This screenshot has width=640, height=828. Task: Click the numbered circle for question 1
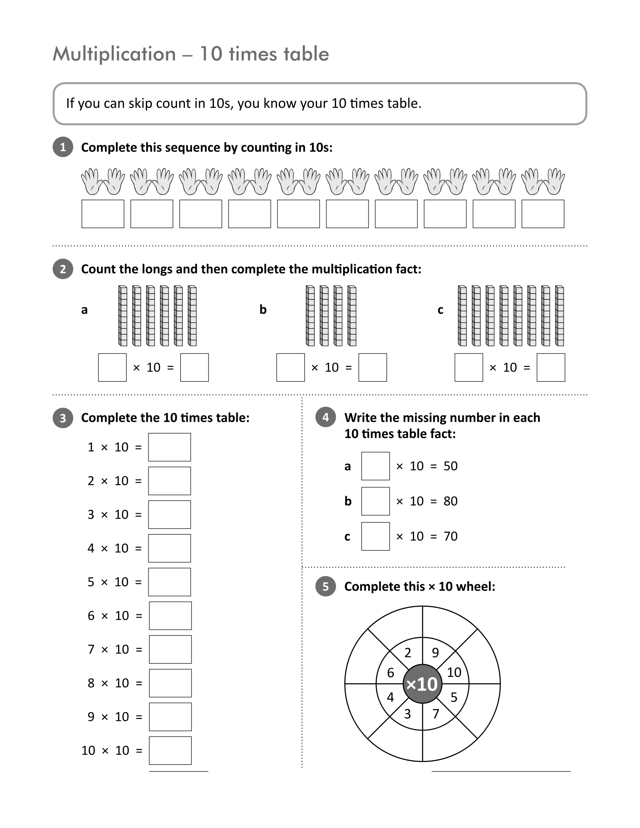(63, 147)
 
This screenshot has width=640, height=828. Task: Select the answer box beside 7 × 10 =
(170, 649)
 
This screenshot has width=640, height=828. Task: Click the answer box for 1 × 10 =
(169, 447)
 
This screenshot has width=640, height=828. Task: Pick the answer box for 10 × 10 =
(170, 751)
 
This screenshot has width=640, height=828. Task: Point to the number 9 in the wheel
(435, 652)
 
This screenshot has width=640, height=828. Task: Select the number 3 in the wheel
(408, 714)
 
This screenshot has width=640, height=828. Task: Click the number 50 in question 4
(450, 466)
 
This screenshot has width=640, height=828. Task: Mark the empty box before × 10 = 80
(375, 501)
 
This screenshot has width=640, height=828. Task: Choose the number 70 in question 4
(450, 536)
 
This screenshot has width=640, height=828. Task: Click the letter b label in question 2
(263, 309)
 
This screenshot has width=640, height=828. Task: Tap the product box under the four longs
(373, 367)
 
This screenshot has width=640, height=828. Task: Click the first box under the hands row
(103, 214)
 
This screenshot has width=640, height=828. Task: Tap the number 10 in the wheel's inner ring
(454, 672)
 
